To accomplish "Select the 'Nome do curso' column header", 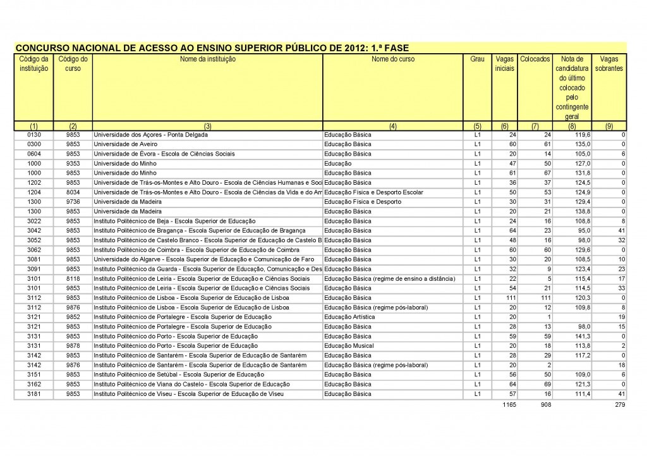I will [x=392, y=59].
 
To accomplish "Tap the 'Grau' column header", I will [x=477, y=59].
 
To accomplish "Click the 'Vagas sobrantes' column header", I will [x=609, y=63].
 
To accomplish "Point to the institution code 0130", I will [x=34, y=135].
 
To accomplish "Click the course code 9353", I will [x=73, y=163].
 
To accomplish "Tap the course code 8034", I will [x=73, y=192].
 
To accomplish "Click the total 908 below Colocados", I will [x=542, y=405].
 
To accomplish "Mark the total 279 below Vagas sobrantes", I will [x=619, y=405].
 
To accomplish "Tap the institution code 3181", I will [x=34, y=393].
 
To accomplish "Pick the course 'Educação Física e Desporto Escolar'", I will [x=373, y=192].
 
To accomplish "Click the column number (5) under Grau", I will [x=477, y=126].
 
